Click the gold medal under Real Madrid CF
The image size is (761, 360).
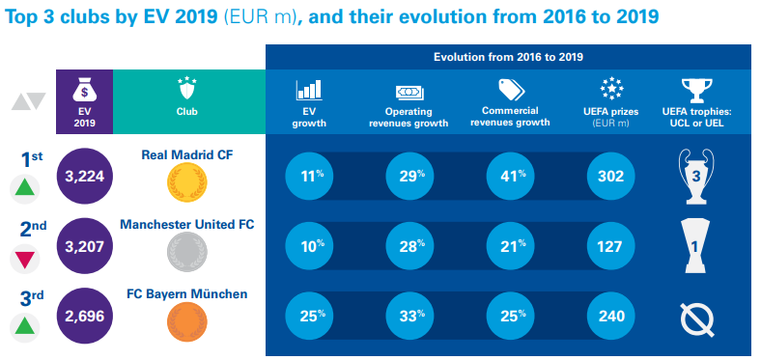tap(184, 181)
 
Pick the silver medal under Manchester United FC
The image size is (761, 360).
tap(184, 251)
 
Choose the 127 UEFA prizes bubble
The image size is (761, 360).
tap(610, 247)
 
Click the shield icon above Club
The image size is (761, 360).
tap(186, 90)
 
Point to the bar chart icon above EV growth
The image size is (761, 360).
tap(309, 91)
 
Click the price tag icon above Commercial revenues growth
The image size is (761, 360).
tap(509, 90)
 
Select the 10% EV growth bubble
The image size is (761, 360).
tap(309, 247)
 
